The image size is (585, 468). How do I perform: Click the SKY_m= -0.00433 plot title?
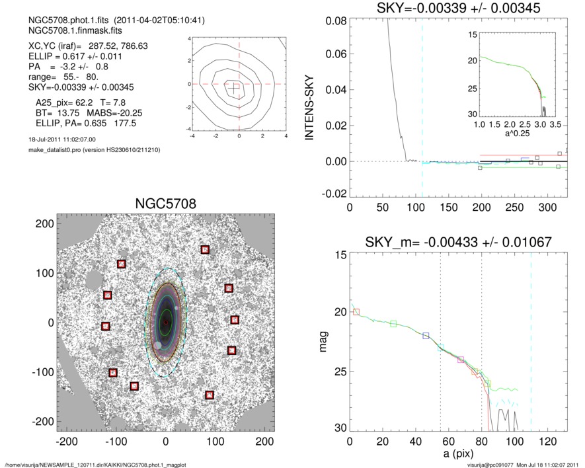455,242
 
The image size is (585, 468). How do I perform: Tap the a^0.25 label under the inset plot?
516,133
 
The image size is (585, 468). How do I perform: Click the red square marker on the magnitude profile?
357,311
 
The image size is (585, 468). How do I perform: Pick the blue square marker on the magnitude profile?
426,336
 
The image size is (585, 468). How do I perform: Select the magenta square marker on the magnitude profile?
461,360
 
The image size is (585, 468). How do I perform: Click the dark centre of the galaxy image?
165,323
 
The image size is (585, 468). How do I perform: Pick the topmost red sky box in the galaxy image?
205,249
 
